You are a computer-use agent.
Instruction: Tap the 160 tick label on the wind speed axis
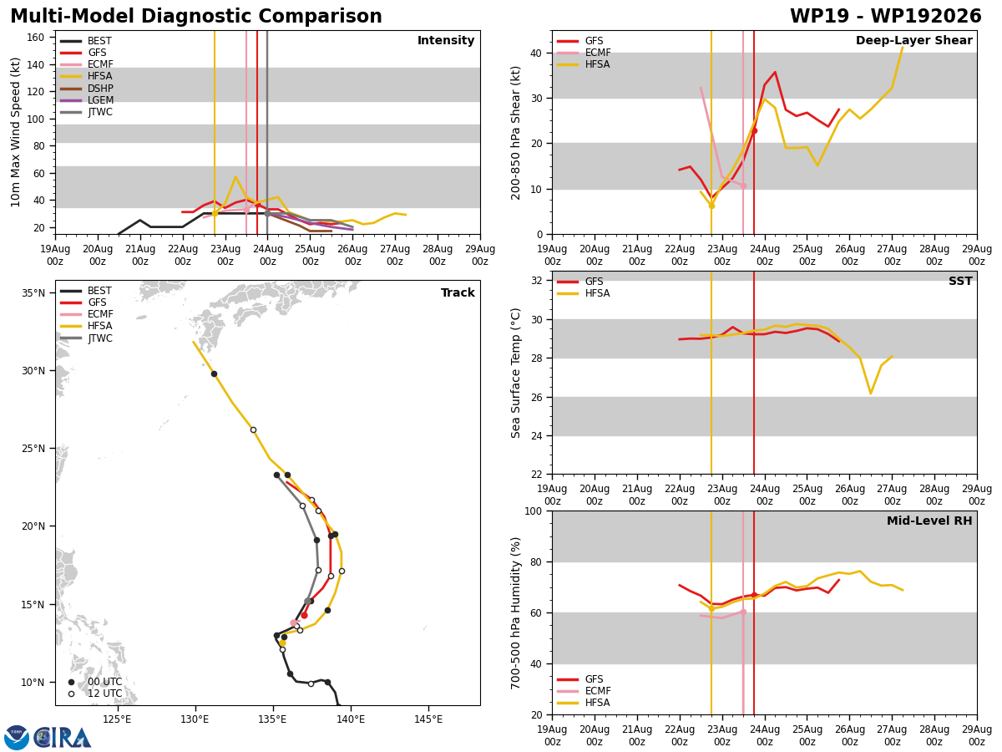click(x=35, y=38)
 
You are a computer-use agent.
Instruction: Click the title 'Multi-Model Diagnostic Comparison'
click(x=196, y=16)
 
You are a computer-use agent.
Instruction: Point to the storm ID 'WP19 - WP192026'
click(x=885, y=16)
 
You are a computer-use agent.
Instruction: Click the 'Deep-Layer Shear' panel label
click(x=913, y=40)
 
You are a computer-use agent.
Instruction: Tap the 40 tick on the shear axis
click(x=536, y=53)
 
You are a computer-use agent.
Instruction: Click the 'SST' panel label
click(x=960, y=281)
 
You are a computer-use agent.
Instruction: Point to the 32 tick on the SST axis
click(x=536, y=281)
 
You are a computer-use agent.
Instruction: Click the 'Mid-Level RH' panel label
click(x=929, y=521)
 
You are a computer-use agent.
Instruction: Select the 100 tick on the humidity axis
click(x=534, y=511)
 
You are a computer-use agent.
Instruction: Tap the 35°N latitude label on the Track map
click(x=33, y=292)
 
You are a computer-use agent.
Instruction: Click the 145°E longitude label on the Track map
click(x=428, y=719)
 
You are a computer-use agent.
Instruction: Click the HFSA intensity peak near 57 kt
click(x=235, y=176)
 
